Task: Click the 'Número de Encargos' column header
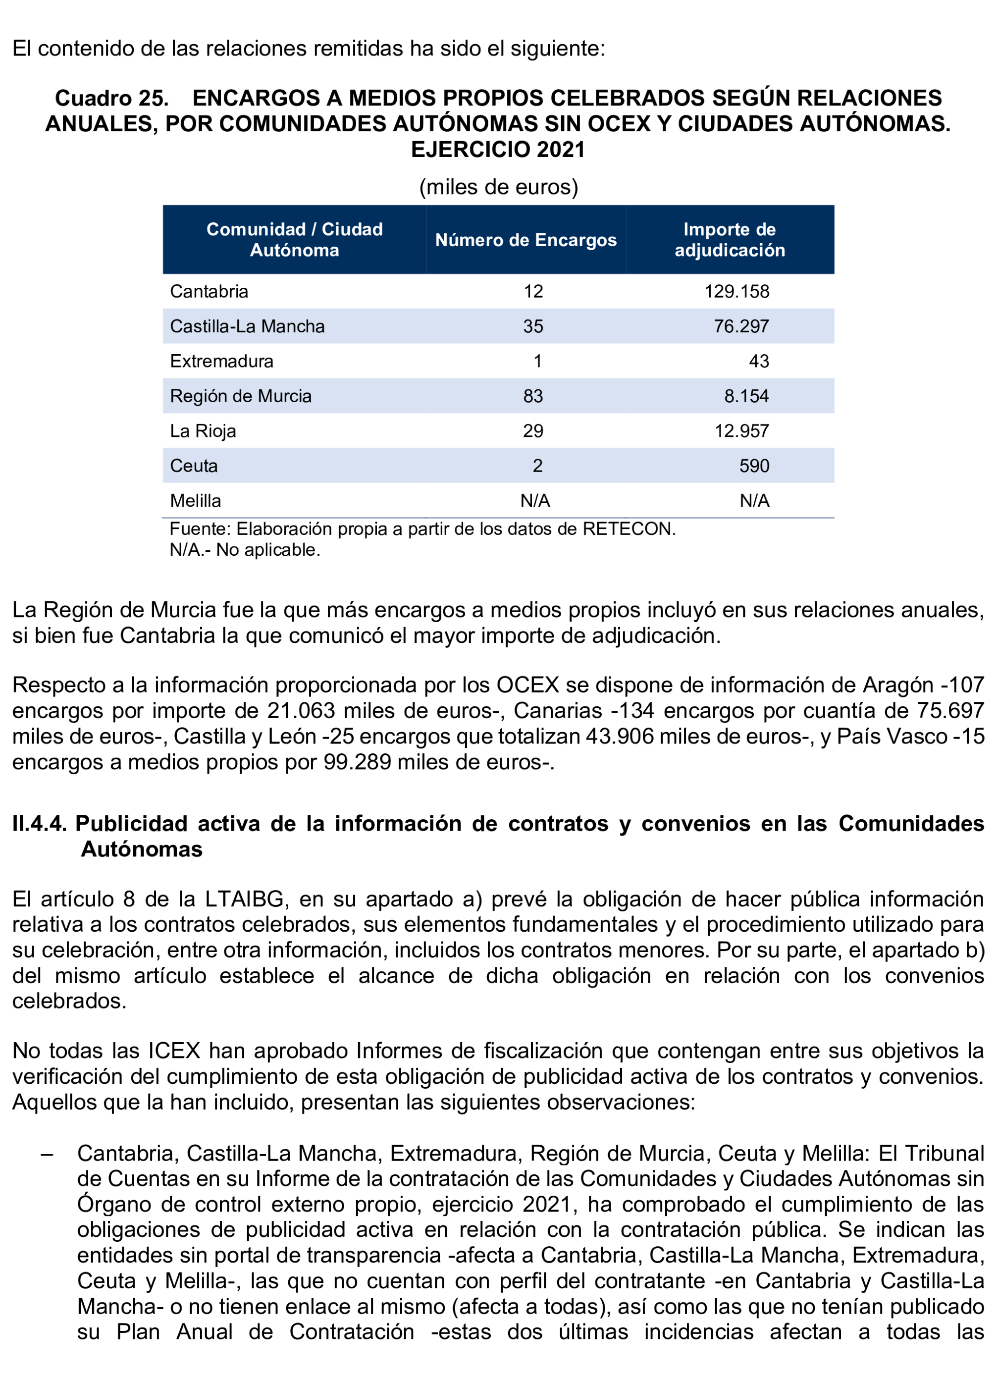[525, 240]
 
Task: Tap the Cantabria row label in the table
[209, 292]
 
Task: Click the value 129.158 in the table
[736, 292]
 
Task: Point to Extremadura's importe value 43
[758, 361]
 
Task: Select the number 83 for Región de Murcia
[533, 396]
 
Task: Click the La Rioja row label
[203, 431]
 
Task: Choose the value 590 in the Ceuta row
[753, 466]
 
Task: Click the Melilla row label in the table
[195, 501]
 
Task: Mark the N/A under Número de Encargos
[534, 501]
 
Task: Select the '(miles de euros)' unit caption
[498, 187]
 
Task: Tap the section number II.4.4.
[40, 823]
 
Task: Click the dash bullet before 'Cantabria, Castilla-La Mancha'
[47, 1154]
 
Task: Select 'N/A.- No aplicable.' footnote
[245, 550]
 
